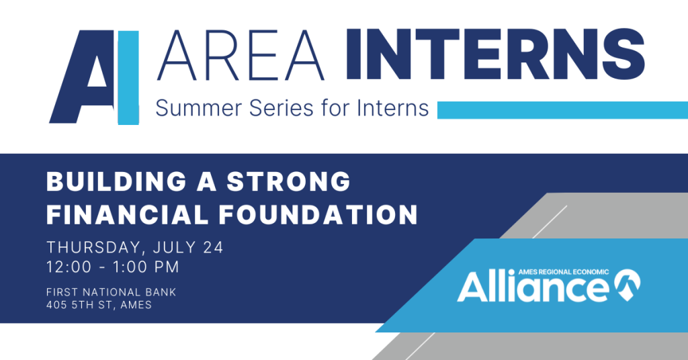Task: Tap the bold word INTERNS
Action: tap(495, 54)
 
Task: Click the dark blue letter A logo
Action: tap(81, 77)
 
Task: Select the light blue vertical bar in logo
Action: tap(128, 78)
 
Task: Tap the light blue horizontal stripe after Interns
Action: tap(562, 110)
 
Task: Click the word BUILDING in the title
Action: tap(116, 181)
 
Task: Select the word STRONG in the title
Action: tap(289, 181)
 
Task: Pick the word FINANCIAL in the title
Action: tap(127, 214)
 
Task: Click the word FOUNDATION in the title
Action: tap(318, 214)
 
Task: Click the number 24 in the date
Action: tap(213, 247)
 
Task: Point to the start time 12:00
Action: tap(69, 267)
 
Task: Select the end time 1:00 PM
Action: tap(146, 267)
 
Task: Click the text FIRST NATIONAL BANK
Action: tap(112, 292)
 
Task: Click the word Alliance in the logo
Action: tap(533, 287)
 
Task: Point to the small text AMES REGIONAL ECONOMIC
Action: tap(564, 272)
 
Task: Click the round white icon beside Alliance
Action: tap(627, 285)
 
